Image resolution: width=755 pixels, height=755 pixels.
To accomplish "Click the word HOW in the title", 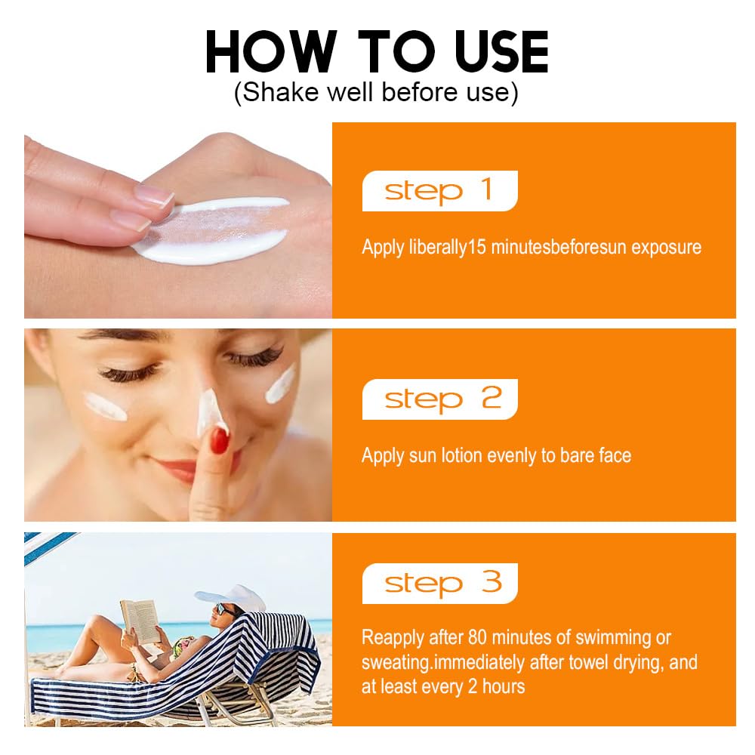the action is tap(271, 52).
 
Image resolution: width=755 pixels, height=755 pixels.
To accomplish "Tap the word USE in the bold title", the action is tap(501, 52).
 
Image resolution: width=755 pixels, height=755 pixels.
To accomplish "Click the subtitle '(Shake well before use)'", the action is tap(376, 92).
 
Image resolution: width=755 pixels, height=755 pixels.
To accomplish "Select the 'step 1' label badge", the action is tap(439, 191).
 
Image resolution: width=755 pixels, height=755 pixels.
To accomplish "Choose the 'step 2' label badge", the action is tap(439, 399).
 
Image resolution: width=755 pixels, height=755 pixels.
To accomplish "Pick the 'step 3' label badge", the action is tap(439, 583).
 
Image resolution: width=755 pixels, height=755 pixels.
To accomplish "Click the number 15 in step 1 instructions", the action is tap(476, 247).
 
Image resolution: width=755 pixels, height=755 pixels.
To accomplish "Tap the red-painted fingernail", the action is tap(220, 441).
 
